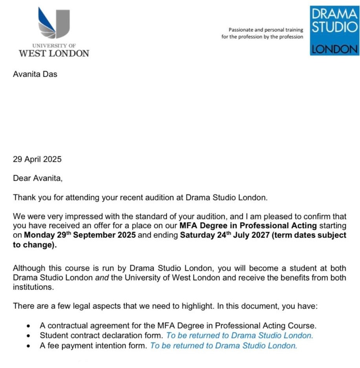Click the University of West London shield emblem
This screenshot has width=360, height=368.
(54, 23)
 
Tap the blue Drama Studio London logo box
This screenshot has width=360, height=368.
(334, 30)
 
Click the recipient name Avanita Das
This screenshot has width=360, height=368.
(35, 74)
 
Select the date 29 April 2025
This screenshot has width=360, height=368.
(37, 159)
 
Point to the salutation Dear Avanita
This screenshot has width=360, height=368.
(38, 179)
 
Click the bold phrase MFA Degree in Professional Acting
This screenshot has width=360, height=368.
(249, 226)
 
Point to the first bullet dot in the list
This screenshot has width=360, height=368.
(28, 326)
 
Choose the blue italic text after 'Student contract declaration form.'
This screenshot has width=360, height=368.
(239, 335)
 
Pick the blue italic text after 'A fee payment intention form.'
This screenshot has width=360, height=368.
(223, 346)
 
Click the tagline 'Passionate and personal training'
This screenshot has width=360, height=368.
(266, 30)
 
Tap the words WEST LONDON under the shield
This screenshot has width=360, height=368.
(54, 53)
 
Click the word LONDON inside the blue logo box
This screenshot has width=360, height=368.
(334, 49)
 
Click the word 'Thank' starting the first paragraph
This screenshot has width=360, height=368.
(23, 197)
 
